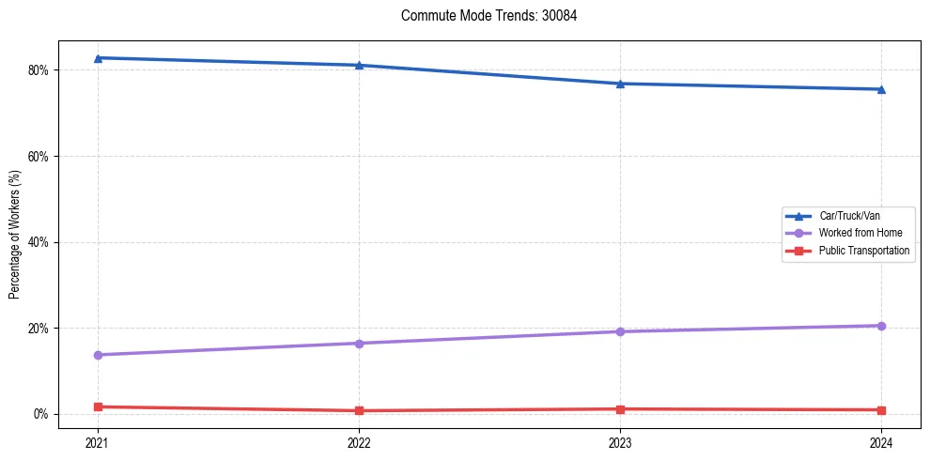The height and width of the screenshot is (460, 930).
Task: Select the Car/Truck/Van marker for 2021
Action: (98, 58)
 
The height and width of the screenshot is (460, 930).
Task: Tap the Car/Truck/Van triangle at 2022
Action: (359, 65)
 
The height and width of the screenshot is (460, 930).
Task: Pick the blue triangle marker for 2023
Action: (620, 84)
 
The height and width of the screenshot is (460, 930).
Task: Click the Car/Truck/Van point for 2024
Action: (881, 89)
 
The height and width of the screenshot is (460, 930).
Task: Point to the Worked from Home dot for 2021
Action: (98, 355)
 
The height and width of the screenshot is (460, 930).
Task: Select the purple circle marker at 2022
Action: (359, 343)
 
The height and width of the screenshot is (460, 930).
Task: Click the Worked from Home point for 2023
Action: (620, 331)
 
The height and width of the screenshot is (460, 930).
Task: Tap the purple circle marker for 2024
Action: (881, 326)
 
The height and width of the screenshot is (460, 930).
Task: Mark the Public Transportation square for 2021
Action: (98, 406)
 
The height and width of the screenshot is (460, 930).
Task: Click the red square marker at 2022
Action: (359, 410)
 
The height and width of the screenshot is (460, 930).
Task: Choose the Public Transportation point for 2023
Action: (620, 409)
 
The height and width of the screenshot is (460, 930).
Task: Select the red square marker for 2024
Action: (881, 410)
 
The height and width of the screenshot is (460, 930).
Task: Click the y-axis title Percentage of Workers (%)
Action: (14, 234)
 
